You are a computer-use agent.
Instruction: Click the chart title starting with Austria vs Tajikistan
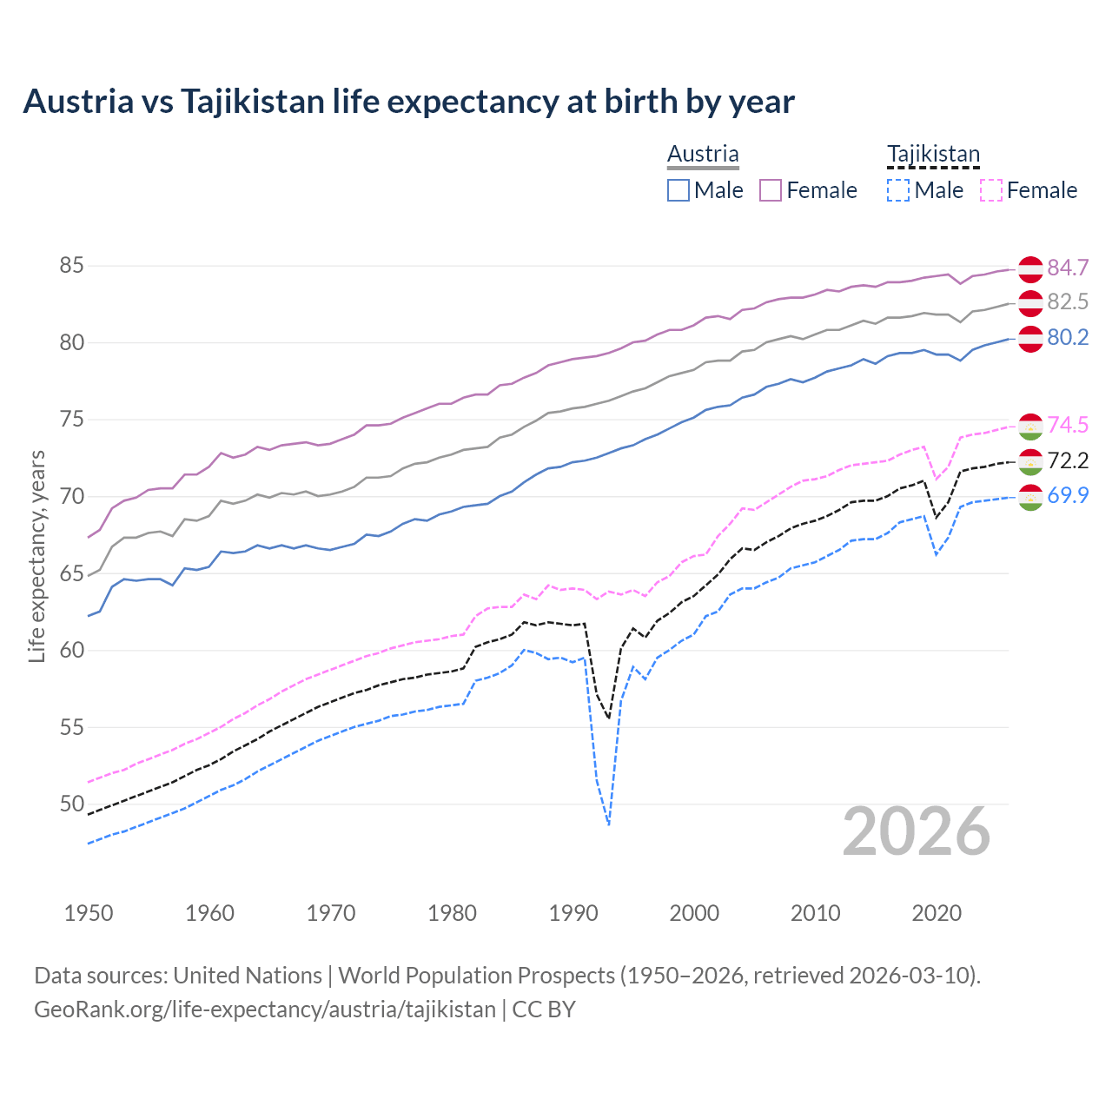click(408, 102)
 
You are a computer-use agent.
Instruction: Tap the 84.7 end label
click(1068, 268)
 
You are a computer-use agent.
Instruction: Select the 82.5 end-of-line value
click(1068, 302)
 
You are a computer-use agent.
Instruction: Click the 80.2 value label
click(1068, 338)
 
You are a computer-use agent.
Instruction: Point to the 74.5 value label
click(1068, 426)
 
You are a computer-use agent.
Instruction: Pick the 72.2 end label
click(1068, 460)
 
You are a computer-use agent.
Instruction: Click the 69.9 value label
click(1068, 496)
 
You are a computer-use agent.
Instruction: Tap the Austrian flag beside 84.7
click(1030, 269)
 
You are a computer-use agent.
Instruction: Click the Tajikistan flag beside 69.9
click(1030, 498)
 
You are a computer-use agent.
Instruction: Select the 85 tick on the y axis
click(71, 266)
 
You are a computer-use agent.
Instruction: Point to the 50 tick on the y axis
click(71, 804)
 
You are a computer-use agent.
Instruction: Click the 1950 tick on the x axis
click(89, 913)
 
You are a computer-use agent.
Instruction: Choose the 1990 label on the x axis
click(573, 913)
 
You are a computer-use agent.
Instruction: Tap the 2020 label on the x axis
click(937, 913)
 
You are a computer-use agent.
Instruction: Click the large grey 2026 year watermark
click(917, 831)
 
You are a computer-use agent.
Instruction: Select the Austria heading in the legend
click(703, 154)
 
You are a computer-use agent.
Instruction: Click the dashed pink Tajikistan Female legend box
click(991, 190)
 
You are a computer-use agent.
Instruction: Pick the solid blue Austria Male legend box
click(678, 190)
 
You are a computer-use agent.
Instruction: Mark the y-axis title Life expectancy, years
click(36, 556)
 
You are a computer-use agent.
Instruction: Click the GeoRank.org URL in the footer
click(265, 1009)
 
